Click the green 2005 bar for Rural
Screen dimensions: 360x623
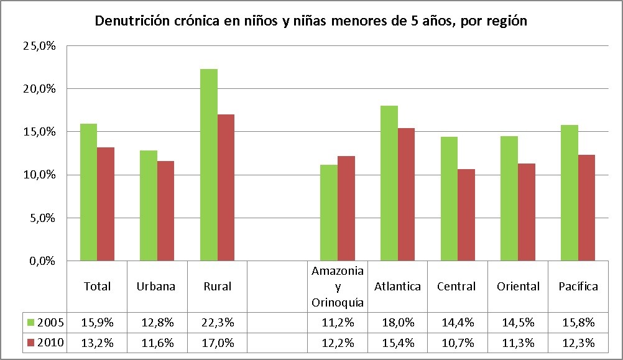click(x=209, y=165)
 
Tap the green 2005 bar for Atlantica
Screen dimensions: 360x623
click(x=389, y=183)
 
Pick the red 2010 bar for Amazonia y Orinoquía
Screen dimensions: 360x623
click(x=346, y=208)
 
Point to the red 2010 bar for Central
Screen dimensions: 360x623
click(x=466, y=215)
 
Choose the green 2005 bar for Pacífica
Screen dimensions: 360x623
click(x=569, y=193)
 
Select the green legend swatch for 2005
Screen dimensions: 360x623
click(x=30, y=323)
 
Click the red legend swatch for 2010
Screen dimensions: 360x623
click(x=30, y=343)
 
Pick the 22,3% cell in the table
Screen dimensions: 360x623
click(x=217, y=323)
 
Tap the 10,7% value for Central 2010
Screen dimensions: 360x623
click(x=457, y=343)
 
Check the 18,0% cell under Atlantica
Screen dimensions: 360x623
click(x=397, y=323)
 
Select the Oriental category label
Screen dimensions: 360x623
click(x=518, y=287)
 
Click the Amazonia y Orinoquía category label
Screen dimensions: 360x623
click(x=338, y=287)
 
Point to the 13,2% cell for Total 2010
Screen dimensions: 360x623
click(x=97, y=343)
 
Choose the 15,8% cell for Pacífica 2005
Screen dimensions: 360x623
click(x=578, y=323)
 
